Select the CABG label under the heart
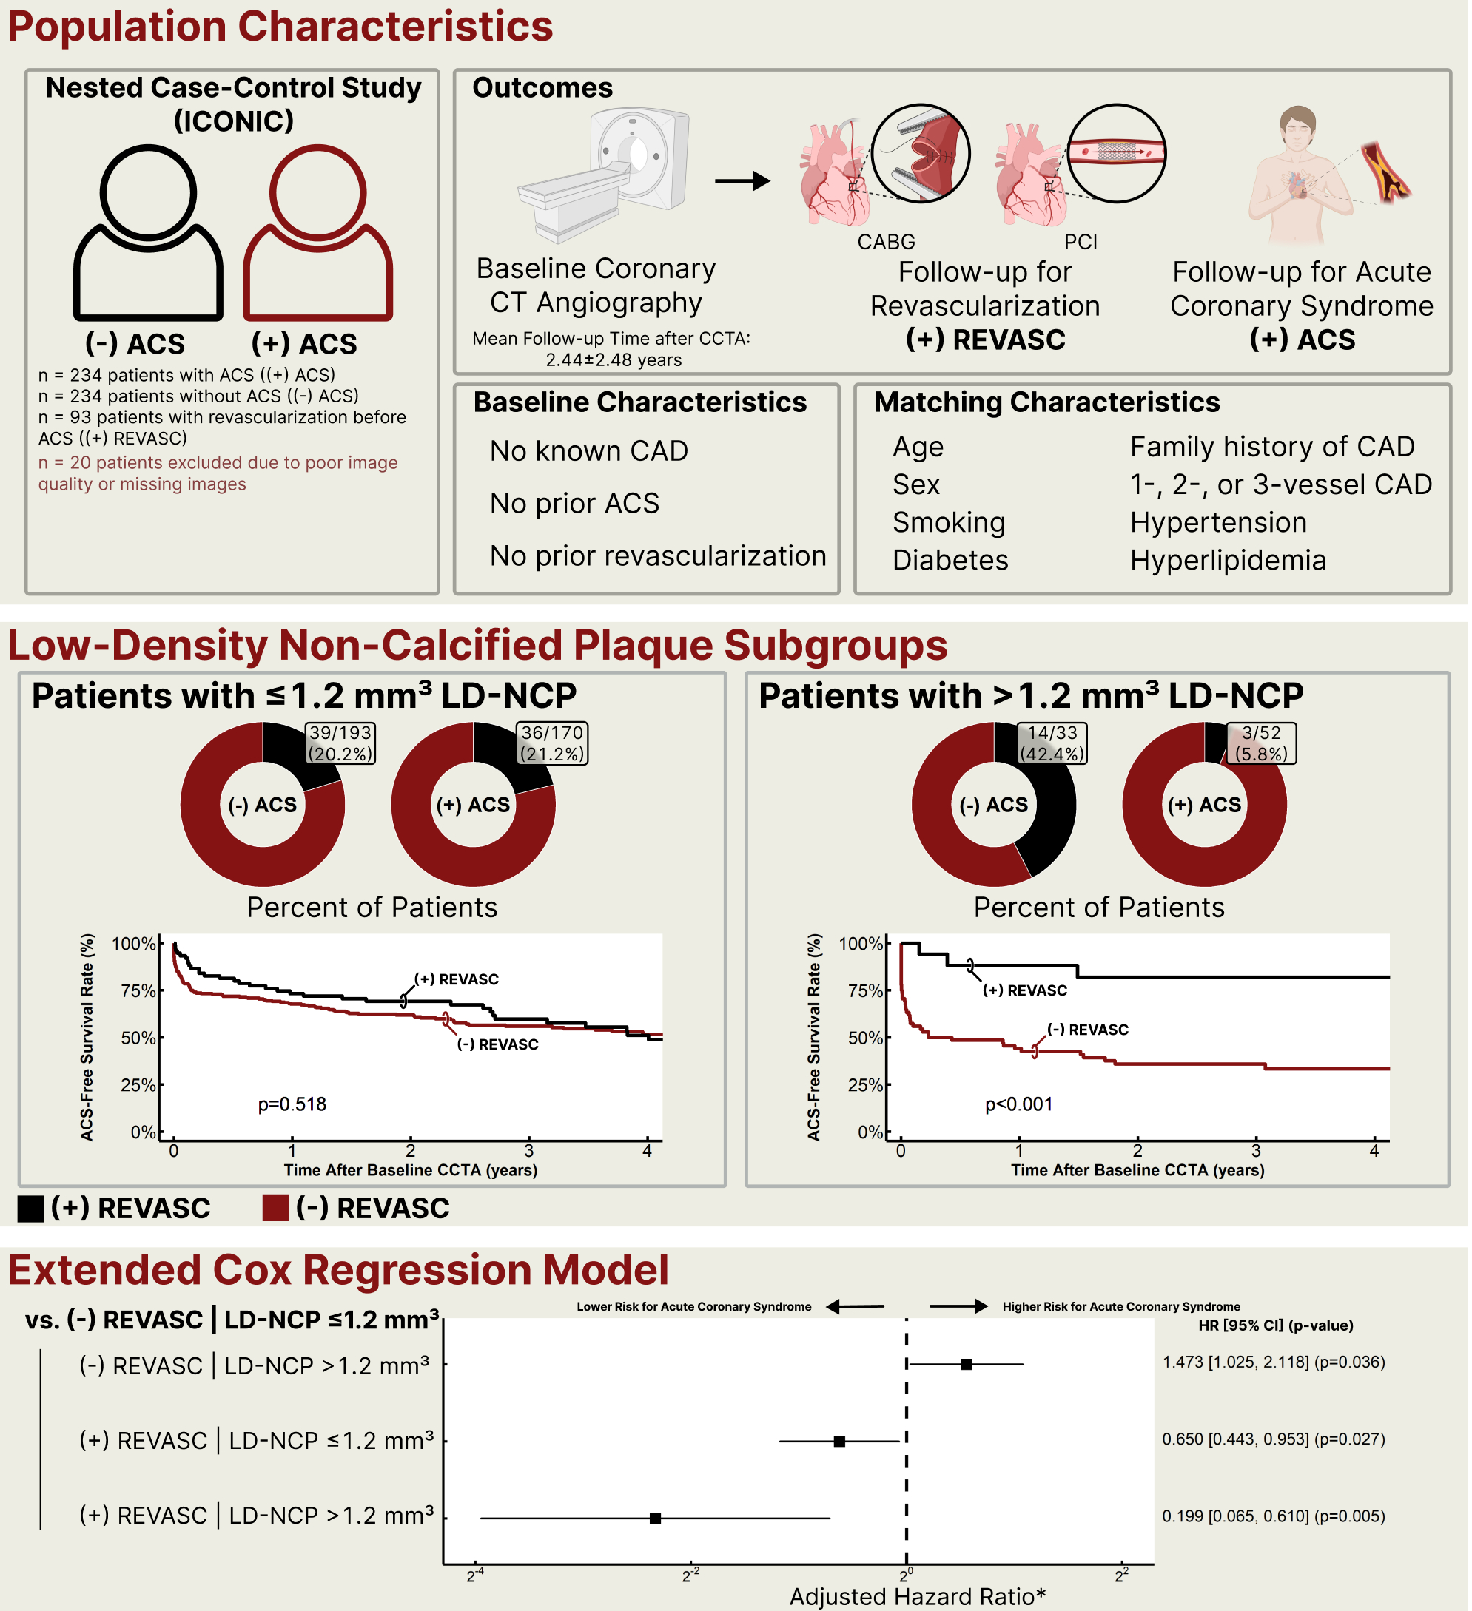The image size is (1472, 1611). [x=886, y=242]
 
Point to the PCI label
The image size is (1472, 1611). [x=1081, y=242]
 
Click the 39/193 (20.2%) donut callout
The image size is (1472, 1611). [x=340, y=743]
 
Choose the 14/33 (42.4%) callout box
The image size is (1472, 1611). [x=1052, y=743]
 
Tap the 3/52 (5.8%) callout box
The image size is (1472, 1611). [x=1261, y=743]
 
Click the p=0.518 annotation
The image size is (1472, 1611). [x=292, y=1104]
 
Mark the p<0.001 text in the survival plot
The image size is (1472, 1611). [x=1018, y=1104]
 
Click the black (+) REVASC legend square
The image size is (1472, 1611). [x=30, y=1209]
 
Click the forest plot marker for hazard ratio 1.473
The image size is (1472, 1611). [x=967, y=1364]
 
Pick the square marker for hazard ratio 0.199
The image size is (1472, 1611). [x=655, y=1519]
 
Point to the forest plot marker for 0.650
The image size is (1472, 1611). [x=838, y=1442]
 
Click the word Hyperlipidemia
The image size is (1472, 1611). [x=1227, y=560]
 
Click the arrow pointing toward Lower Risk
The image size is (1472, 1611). [x=855, y=1306]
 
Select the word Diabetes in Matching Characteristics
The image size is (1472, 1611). [x=950, y=560]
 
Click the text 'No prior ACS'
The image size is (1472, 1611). [x=574, y=504]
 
